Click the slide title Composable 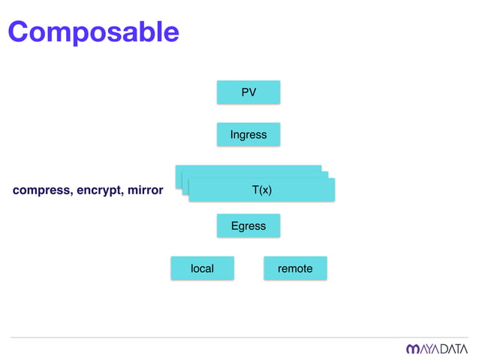tap(94, 32)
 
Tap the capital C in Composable tap(20, 32)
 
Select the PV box tap(249, 92)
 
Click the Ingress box tap(249, 135)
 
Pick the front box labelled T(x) tap(261, 191)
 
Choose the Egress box tap(249, 225)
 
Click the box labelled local tap(202, 268)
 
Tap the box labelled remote tap(295, 268)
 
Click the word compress tap(41, 191)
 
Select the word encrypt tap(99, 191)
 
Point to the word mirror tap(145, 191)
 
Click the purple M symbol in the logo tap(413, 349)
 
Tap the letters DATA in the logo tap(453, 349)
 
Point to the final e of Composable tap(170, 34)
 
